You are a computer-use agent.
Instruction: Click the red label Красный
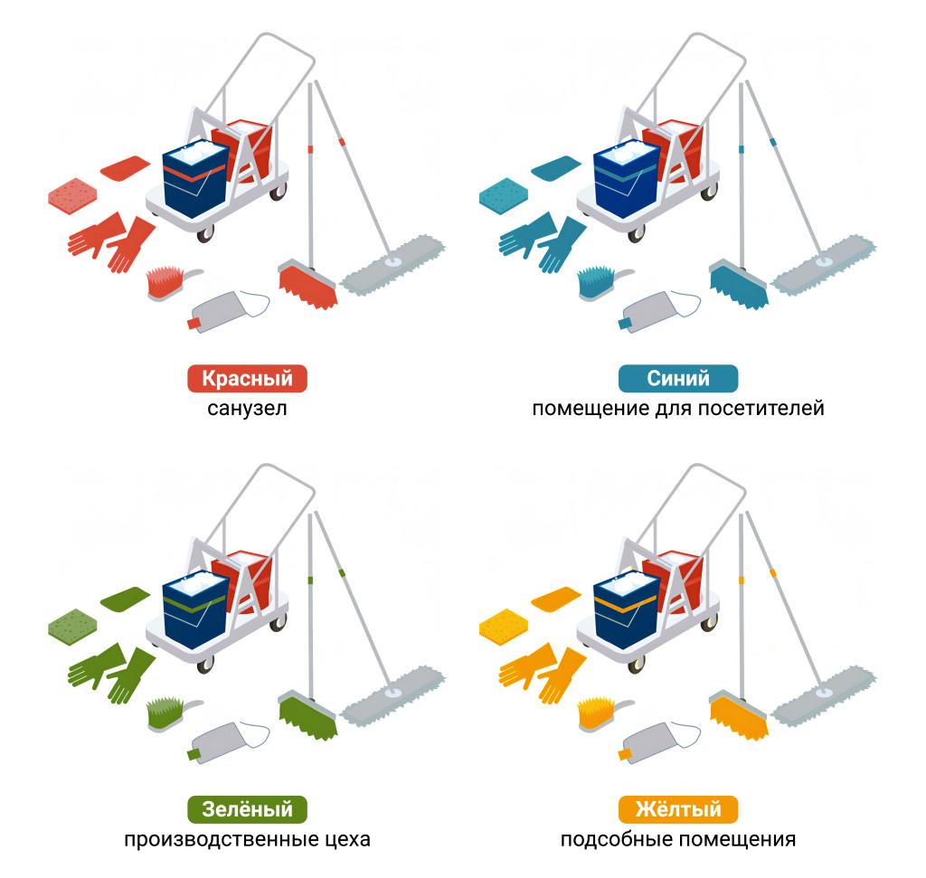(247, 379)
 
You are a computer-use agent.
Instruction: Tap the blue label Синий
(678, 379)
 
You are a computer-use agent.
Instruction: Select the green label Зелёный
(247, 809)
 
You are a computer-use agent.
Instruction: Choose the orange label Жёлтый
(678, 809)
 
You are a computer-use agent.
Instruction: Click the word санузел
(247, 409)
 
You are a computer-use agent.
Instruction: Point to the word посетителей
(761, 409)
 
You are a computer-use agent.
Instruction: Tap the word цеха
(347, 840)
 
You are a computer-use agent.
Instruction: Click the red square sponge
(72, 195)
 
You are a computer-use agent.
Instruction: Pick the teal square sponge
(503, 195)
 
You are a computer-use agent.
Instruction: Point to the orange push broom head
(739, 716)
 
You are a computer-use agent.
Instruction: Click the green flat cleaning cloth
(125, 599)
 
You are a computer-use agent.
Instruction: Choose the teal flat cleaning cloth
(556, 167)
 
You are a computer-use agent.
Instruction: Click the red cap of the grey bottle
(194, 324)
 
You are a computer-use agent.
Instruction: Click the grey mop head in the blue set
(825, 265)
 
